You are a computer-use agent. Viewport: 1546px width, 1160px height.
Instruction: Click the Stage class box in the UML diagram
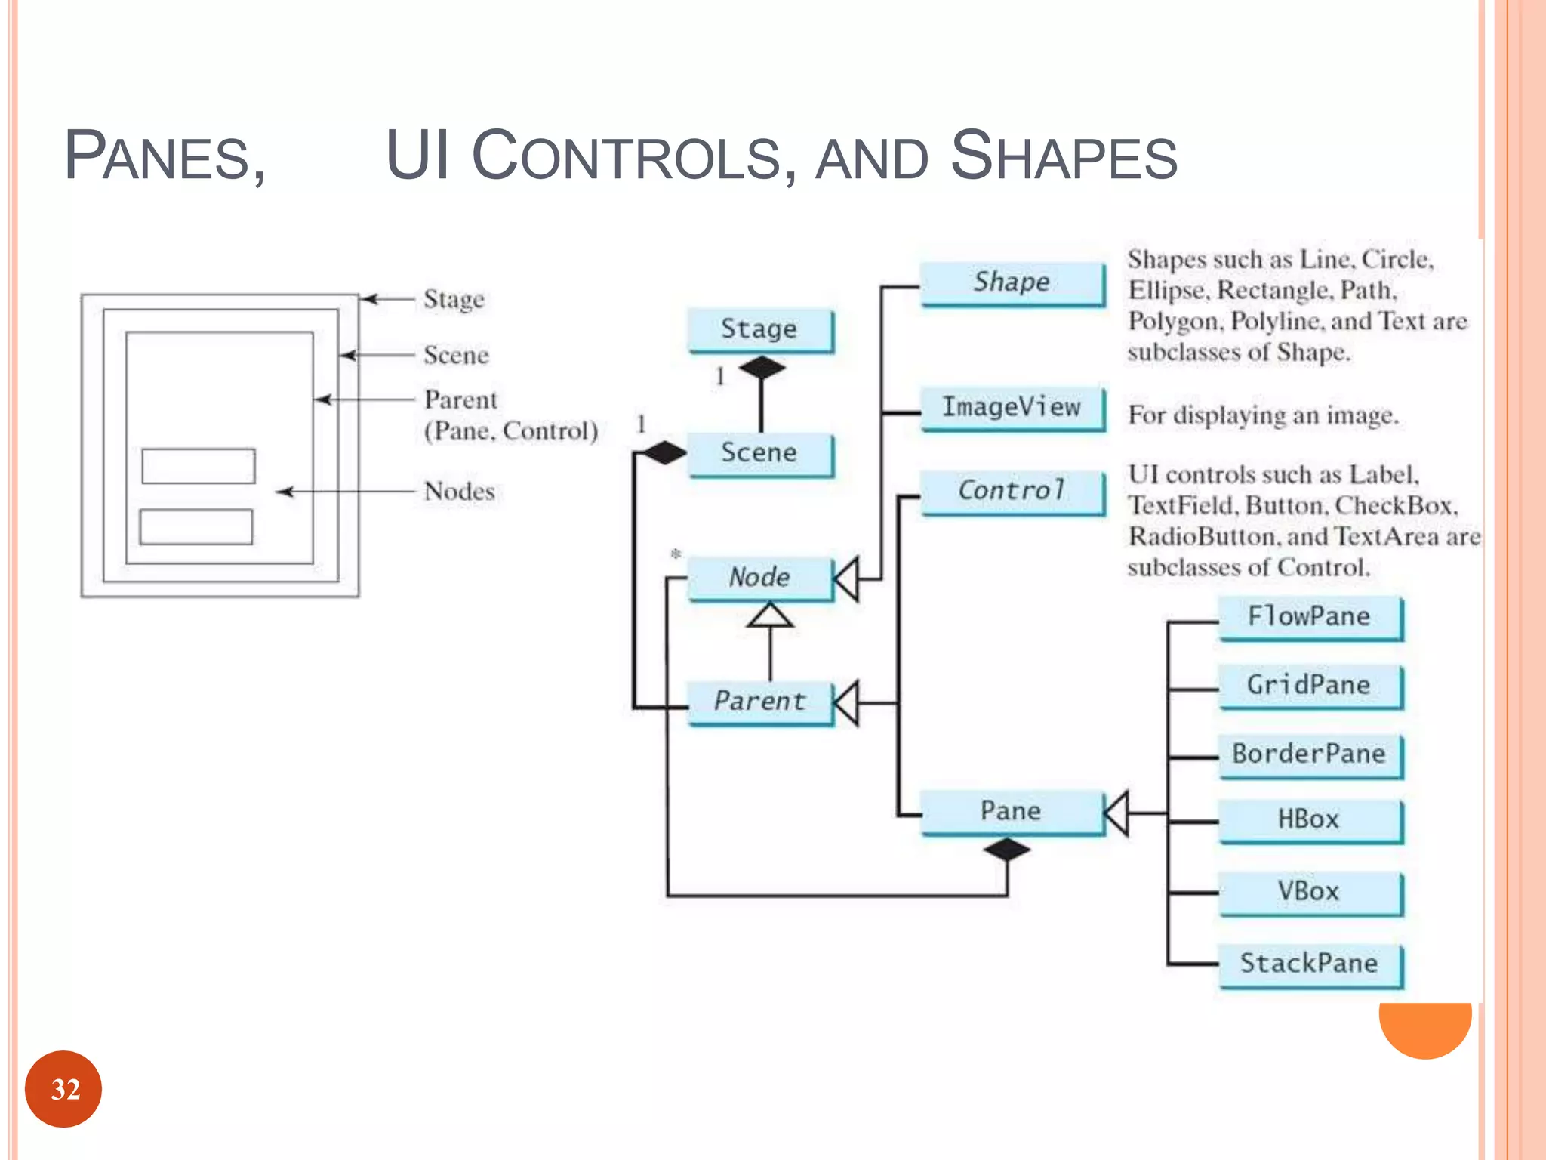(759, 329)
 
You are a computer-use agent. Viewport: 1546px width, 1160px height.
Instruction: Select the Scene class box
(759, 453)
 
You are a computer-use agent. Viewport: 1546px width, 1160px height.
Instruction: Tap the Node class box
(759, 578)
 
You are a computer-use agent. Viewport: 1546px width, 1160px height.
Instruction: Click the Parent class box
(759, 702)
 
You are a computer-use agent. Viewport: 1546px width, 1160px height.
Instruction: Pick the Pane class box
(1011, 811)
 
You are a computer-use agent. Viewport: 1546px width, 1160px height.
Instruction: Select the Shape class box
(1012, 282)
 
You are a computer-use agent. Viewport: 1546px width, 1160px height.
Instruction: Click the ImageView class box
(1012, 408)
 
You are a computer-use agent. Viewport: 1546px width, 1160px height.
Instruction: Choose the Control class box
(1012, 491)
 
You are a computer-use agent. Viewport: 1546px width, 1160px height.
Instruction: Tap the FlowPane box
(1310, 617)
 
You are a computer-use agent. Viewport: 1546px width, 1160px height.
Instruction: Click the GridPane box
(1310, 686)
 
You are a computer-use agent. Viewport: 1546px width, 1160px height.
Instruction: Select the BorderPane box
(1310, 754)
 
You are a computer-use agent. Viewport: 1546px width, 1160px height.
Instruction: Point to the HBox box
(1310, 820)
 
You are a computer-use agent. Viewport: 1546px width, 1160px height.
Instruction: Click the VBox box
(1310, 892)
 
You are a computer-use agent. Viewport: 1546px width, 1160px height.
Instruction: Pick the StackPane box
(1310, 964)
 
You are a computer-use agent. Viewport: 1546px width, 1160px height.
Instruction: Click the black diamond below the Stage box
(762, 369)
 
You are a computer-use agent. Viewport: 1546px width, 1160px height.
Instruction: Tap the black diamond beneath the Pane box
(1007, 850)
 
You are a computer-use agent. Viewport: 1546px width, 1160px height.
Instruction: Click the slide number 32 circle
(63, 1089)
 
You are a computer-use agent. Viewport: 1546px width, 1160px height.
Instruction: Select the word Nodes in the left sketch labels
(460, 492)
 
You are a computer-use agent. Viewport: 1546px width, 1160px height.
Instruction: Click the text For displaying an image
(1263, 415)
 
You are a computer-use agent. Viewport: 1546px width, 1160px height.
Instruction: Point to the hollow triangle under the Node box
(770, 615)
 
